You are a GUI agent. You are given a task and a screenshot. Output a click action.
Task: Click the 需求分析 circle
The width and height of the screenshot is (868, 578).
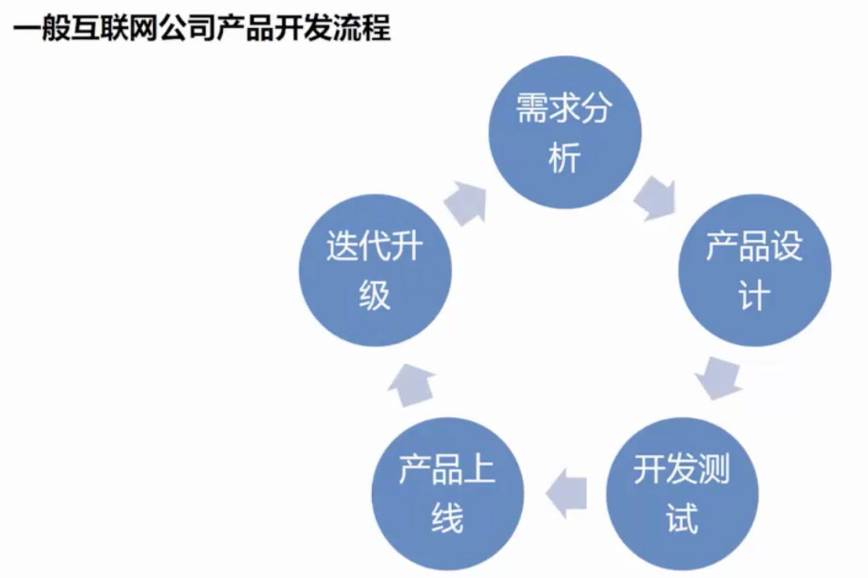(565, 132)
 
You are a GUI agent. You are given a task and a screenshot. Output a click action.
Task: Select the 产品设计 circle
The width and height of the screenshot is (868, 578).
(755, 270)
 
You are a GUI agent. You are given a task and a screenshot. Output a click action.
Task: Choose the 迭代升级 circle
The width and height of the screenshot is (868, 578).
(375, 270)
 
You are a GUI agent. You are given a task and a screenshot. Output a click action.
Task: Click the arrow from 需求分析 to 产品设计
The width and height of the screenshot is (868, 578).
(656, 198)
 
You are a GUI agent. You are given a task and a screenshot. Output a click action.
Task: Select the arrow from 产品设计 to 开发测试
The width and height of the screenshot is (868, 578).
(718, 378)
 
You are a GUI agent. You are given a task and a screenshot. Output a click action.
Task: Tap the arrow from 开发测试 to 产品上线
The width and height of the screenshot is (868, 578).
(566, 493)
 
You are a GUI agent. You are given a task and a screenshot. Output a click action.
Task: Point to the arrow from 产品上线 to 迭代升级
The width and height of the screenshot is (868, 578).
(411, 385)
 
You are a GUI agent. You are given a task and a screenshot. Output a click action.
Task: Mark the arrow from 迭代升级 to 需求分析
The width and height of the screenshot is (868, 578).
(465, 203)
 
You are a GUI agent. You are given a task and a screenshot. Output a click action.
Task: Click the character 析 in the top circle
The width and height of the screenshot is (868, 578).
(565, 158)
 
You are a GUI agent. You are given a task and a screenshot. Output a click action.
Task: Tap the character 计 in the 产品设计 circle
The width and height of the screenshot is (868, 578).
(755, 296)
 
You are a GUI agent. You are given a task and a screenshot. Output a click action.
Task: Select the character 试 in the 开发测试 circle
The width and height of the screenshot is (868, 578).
(682, 519)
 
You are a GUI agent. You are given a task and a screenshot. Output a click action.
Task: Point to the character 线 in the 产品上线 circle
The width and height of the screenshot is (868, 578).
(448, 519)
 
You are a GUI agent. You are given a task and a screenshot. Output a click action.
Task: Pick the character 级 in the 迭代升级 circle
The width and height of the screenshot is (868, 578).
(375, 295)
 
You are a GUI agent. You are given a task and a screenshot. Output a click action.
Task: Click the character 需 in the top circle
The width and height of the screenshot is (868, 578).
(532, 108)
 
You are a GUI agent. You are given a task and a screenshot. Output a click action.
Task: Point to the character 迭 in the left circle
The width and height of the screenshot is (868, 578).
(342, 245)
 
